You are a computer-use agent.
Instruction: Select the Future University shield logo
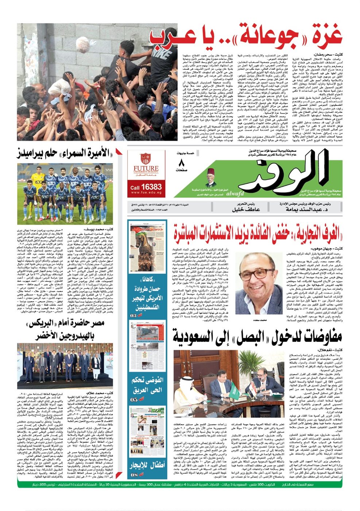click(146, 159)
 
